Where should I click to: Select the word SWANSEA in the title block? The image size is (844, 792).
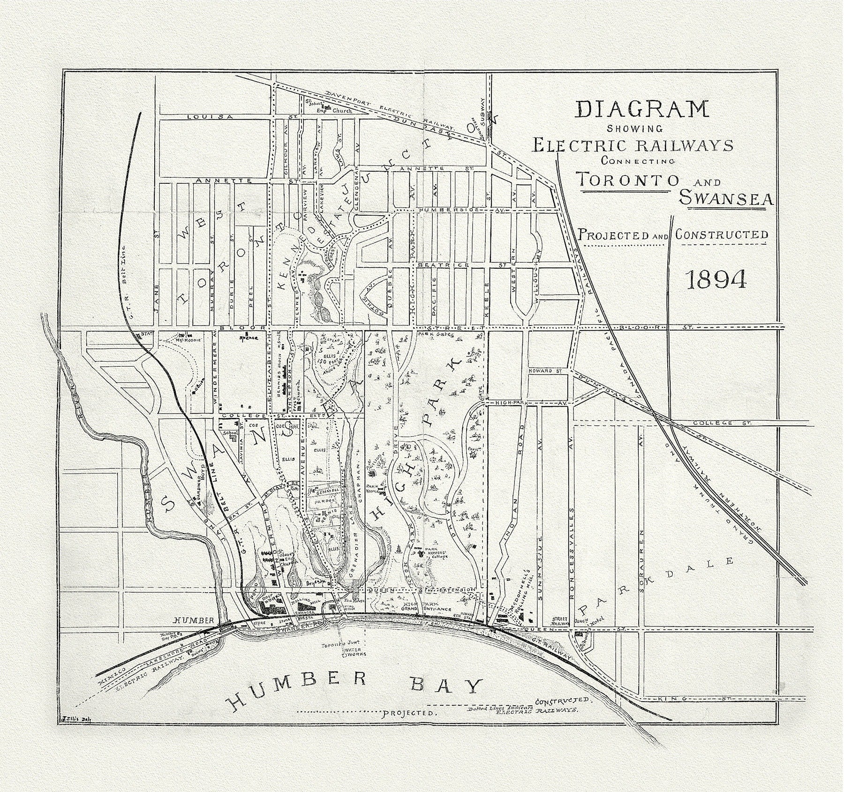tap(726, 199)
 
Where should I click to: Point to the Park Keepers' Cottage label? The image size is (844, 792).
tap(436, 553)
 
